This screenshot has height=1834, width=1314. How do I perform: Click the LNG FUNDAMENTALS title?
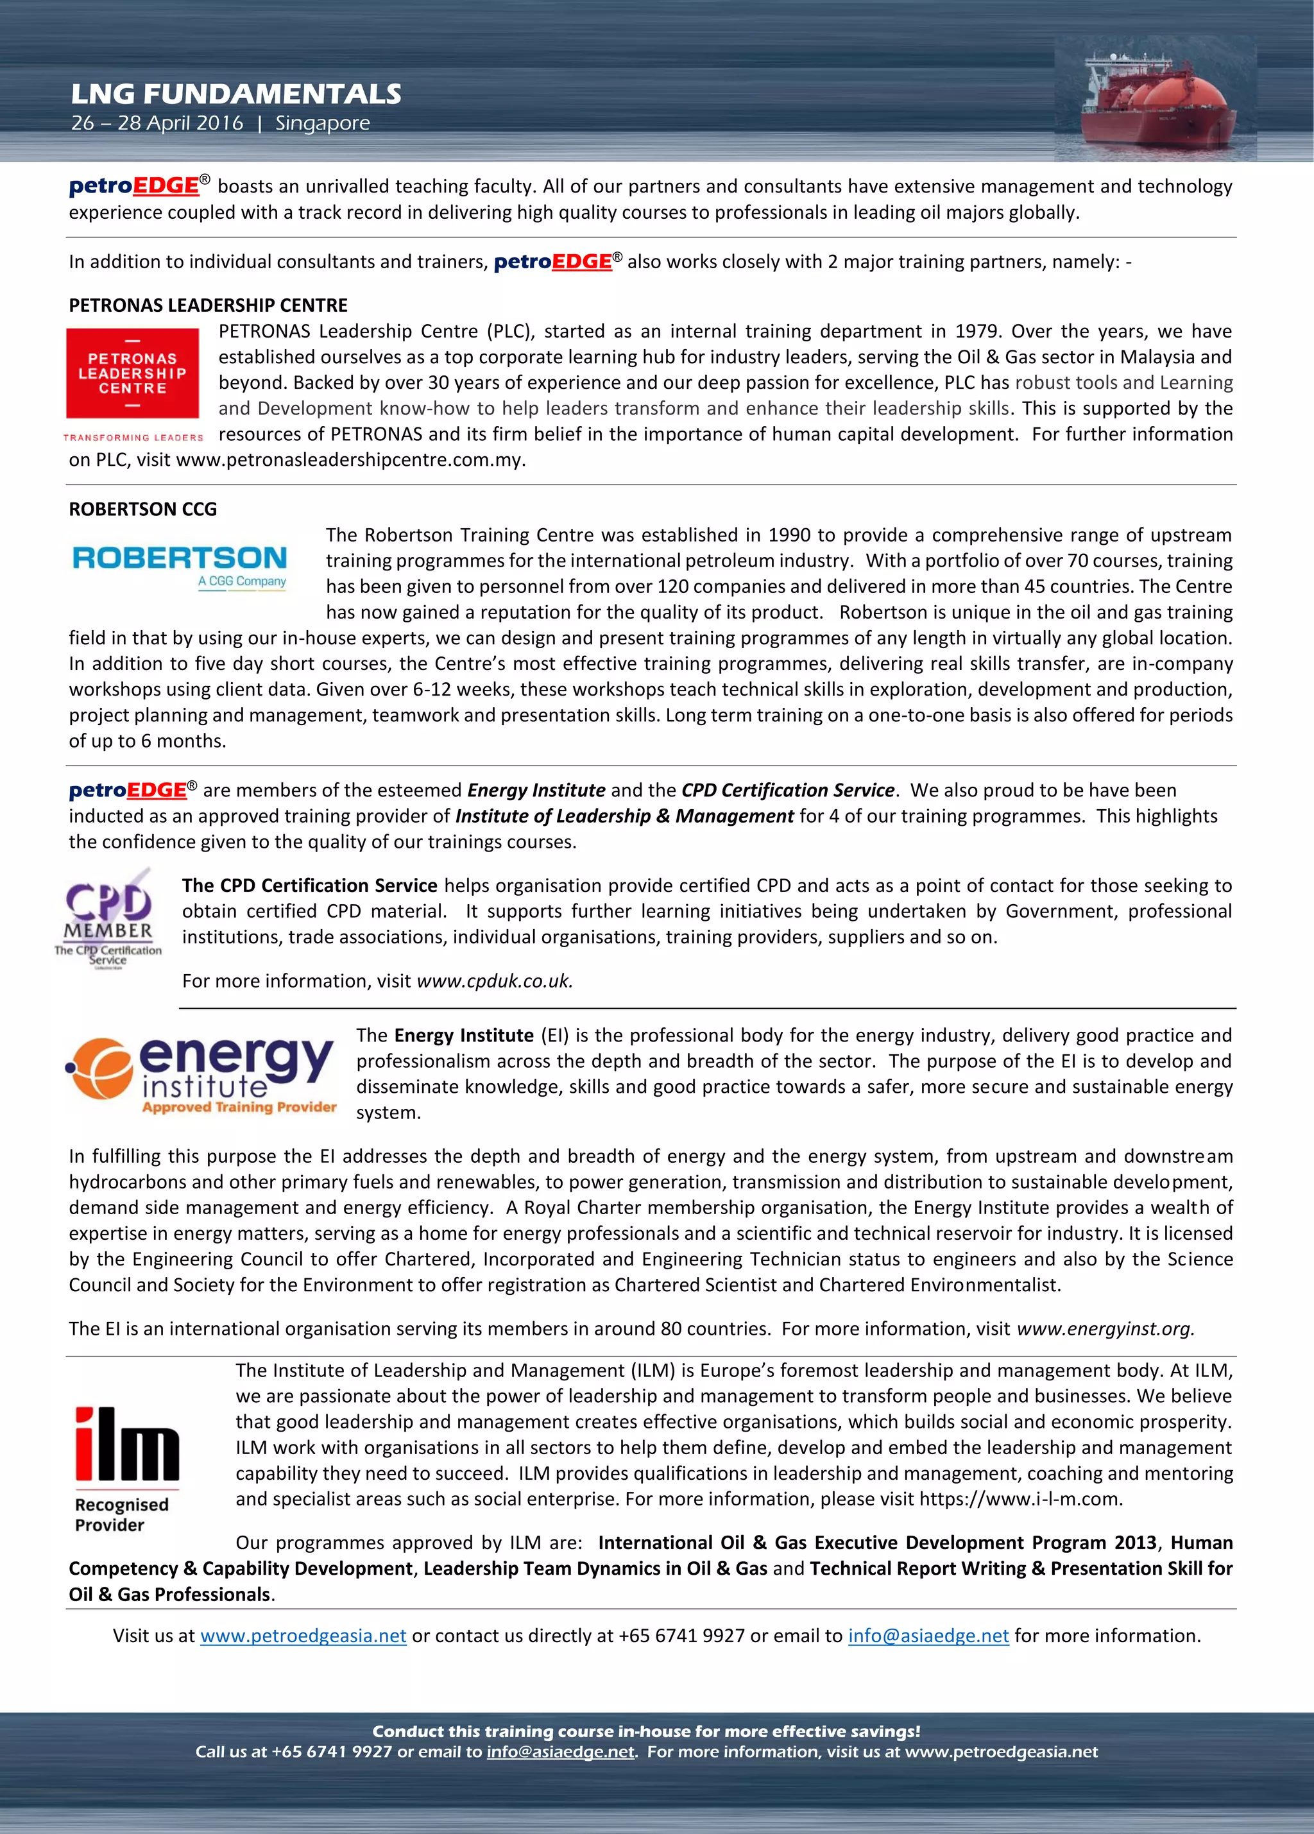(235, 94)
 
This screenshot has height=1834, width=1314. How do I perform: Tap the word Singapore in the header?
(322, 124)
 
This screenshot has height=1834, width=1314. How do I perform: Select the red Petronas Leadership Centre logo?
(133, 373)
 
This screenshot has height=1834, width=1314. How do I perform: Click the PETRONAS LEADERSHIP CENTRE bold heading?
(208, 305)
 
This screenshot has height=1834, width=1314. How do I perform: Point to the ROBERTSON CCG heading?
(142, 509)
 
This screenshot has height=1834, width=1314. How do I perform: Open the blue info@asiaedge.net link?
(928, 1635)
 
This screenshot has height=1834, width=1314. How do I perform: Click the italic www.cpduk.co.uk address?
(494, 981)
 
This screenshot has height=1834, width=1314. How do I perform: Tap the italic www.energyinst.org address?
(1105, 1328)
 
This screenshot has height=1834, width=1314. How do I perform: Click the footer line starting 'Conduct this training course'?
(645, 1731)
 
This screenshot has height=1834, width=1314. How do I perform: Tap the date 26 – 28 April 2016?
(156, 124)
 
